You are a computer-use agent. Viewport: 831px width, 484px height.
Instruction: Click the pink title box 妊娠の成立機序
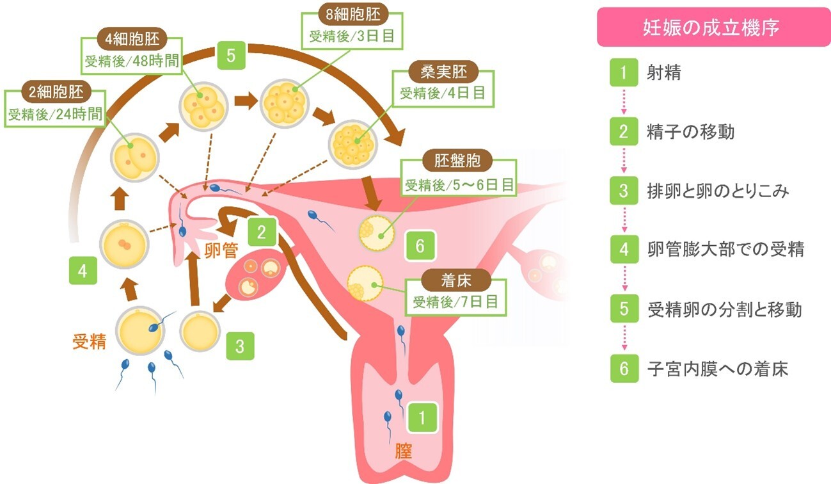click(713, 28)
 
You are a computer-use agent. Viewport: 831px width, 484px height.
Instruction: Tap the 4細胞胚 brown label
click(131, 38)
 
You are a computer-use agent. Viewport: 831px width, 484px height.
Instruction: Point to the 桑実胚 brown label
click(442, 72)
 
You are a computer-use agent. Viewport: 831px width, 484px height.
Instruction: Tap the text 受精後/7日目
click(455, 302)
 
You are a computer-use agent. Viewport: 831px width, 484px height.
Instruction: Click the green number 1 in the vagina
click(422, 418)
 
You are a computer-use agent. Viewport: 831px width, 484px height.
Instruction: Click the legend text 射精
click(663, 73)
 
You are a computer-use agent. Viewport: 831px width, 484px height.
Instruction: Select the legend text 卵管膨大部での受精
click(725, 250)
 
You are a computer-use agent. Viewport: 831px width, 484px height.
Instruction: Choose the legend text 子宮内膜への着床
click(717, 369)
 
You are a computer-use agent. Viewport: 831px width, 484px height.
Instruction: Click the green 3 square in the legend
click(624, 191)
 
